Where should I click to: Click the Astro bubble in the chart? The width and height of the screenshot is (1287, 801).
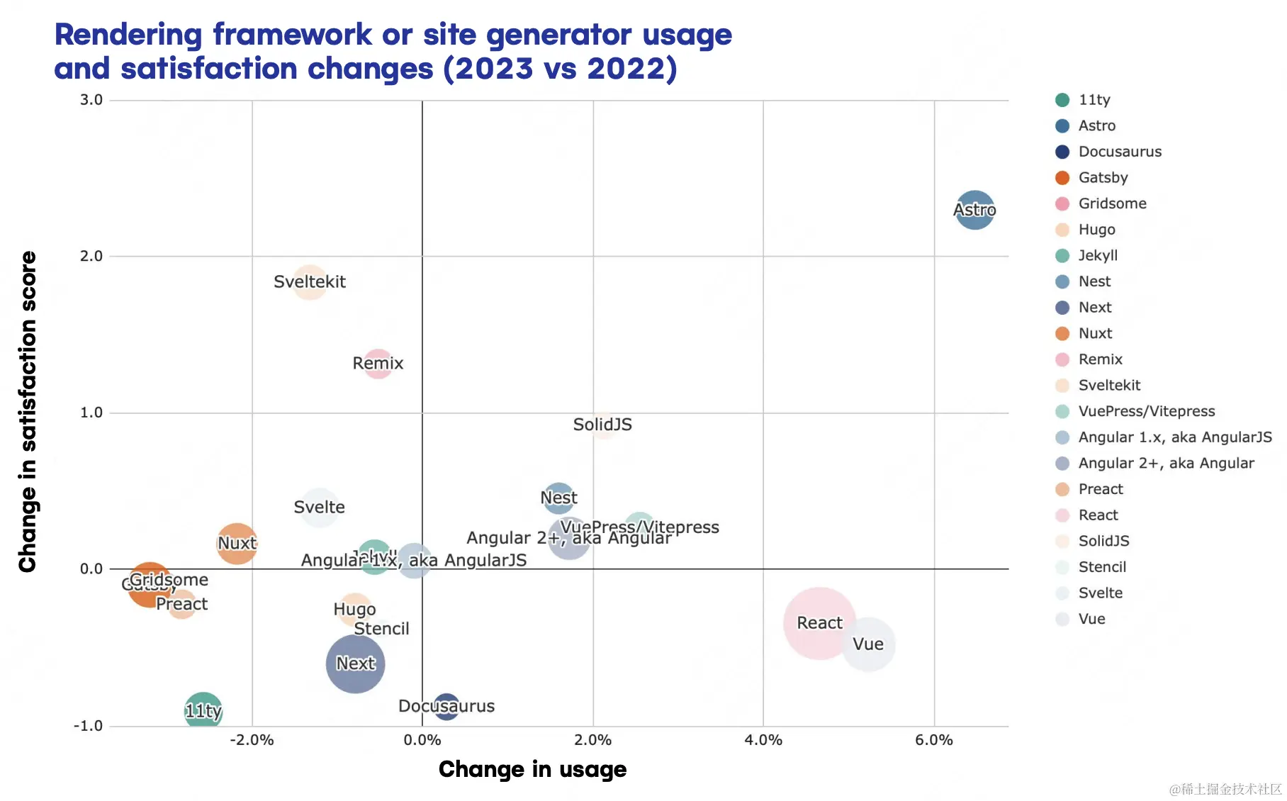click(x=974, y=210)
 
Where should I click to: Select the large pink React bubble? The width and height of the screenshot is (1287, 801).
click(x=819, y=623)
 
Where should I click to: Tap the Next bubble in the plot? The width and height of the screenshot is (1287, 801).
click(x=355, y=663)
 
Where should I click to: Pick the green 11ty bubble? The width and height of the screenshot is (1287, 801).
click(x=203, y=710)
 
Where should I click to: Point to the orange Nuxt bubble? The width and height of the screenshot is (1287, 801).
click(x=237, y=544)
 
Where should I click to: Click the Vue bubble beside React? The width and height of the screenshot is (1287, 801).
click(x=868, y=644)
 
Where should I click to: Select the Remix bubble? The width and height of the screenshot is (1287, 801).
click(x=378, y=364)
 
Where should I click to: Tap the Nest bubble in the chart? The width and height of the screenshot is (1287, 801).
click(x=558, y=498)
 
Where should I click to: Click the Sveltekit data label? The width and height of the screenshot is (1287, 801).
click(x=310, y=282)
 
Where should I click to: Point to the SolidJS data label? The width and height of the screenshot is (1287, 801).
click(x=602, y=425)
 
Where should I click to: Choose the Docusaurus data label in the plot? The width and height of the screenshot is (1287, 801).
click(x=446, y=706)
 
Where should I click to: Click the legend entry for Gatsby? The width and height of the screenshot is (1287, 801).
click(x=1103, y=178)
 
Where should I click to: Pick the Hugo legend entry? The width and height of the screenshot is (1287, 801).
click(x=1096, y=230)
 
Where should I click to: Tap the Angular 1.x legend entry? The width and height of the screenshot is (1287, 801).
click(x=1174, y=437)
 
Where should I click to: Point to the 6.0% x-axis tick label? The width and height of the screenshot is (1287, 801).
click(x=933, y=740)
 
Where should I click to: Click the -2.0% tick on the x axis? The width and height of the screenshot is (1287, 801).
click(x=252, y=740)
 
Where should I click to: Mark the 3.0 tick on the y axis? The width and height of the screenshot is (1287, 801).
click(x=91, y=100)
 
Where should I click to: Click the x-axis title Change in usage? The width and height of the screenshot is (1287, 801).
click(x=532, y=769)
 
